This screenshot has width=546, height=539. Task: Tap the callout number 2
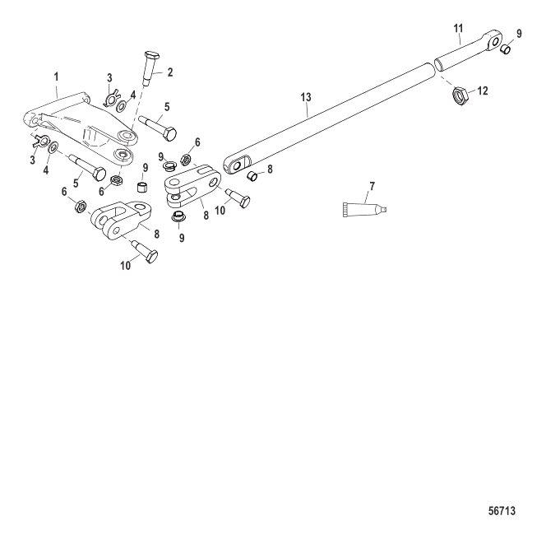[169, 72]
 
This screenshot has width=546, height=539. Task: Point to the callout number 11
[457, 28]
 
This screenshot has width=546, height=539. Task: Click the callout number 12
[482, 91]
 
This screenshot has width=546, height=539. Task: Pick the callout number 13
[306, 97]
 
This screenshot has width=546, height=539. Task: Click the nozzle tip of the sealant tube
[383, 210]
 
